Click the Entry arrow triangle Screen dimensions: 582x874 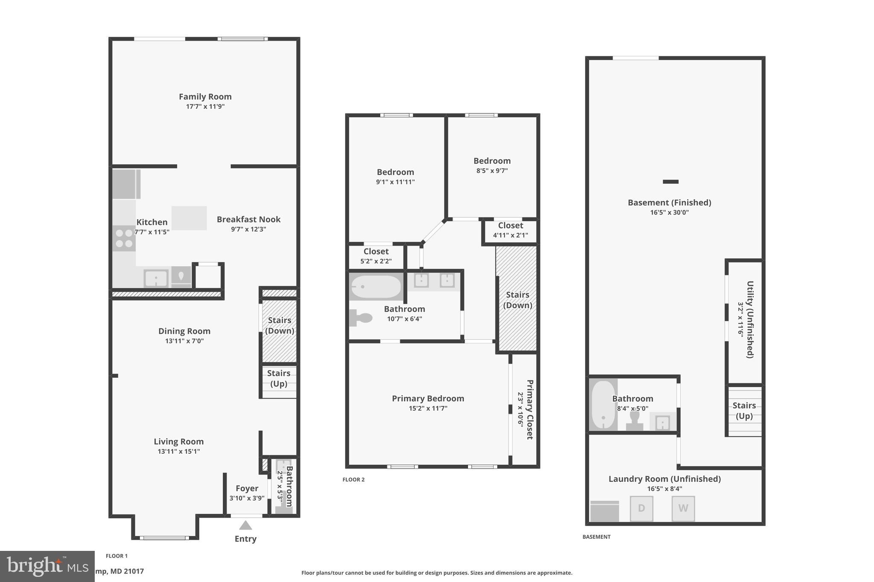[x=245, y=525]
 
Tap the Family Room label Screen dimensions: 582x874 [x=205, y=97]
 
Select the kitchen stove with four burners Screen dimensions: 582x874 [x=124, y=238]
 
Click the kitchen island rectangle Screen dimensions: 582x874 [x=189, y=218]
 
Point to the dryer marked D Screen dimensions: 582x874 [x=641, y=508]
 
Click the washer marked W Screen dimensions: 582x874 [x=683, y=508]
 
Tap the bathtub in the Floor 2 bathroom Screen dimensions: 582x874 [x=376, y=287]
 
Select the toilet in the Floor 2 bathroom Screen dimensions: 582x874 [x=361, y=318]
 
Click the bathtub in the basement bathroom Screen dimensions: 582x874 [x=603, y=404]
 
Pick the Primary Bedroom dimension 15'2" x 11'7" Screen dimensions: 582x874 [x=428, y=408]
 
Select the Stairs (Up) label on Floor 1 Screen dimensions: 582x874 [x=279, y=378]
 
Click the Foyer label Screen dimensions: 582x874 [x=247, y=489]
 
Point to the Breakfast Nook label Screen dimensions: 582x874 [x=248, y=220]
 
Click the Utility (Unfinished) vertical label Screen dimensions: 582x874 [x=750, y=319]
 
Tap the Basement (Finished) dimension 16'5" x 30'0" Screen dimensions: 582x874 [x=669, y=212]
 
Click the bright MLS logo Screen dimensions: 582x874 [x=47, y=566]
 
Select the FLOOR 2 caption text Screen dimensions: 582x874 [x=353, y=480]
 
